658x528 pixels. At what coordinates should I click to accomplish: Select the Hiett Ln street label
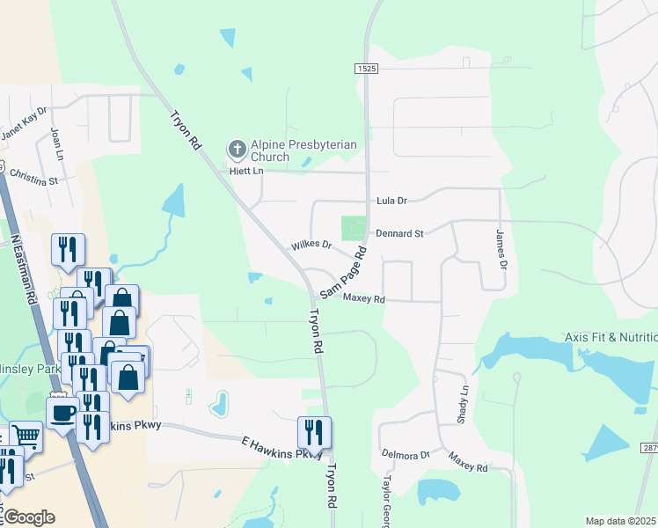[246, 171]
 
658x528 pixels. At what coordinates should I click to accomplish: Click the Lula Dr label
[391, 202]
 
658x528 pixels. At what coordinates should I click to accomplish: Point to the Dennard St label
[399, 233]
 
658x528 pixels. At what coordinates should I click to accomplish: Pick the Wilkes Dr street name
[311, 246]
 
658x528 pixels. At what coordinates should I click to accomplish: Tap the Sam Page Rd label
[342, 274]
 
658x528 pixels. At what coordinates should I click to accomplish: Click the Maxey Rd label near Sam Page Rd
[364, 299]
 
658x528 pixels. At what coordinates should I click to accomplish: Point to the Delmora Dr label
[406, 455]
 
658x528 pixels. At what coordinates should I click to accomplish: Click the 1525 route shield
[367, 69]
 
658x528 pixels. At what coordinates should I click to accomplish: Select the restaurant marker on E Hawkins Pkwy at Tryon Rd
[314, 432]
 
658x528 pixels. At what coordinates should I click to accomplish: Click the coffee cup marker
[62, 412]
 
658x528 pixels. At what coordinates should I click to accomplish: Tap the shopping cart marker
[26, 435]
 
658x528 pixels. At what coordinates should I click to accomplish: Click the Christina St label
[33, 180]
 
